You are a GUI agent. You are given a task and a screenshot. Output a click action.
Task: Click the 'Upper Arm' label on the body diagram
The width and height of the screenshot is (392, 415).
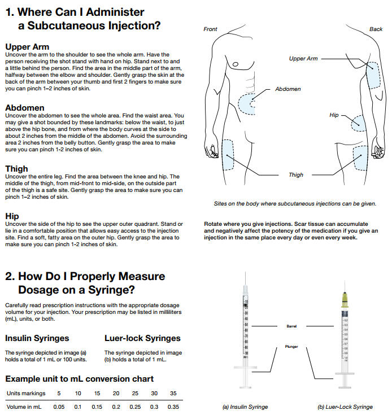point(303,59)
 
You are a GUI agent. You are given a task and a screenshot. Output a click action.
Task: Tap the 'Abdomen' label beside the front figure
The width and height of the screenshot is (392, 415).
point(288,89)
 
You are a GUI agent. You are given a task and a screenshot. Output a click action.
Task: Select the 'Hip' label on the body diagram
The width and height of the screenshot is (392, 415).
point(334,115)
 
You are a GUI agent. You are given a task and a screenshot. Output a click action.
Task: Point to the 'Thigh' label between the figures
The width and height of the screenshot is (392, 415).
point(296,175)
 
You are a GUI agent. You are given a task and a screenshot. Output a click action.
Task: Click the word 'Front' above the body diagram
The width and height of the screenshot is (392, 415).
point(210,29)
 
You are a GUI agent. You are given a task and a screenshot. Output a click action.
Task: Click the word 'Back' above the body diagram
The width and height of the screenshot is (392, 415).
point(376,29)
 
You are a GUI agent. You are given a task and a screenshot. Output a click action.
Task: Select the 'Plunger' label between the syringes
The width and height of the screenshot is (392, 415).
point(291,347)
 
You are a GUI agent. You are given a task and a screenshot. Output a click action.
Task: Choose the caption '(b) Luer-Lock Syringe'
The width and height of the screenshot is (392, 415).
point(344,407)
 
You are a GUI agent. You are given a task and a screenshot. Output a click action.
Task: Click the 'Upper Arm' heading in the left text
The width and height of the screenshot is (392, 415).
point(27,46)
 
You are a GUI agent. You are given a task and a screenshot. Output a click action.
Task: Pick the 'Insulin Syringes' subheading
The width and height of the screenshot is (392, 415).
point(37,338)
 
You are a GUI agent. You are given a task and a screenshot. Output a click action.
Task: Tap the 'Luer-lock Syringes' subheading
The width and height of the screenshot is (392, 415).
point(142,338)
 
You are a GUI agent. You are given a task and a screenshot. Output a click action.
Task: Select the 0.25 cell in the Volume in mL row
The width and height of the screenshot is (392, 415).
point(135,407)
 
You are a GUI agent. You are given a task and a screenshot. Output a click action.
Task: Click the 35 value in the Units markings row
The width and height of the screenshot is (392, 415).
point(173,393)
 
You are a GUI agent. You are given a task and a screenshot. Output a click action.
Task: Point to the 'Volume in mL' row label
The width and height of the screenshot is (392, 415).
point(24,407)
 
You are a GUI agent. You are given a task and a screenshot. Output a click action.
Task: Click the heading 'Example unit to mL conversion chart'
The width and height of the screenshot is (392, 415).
point(79,378)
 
